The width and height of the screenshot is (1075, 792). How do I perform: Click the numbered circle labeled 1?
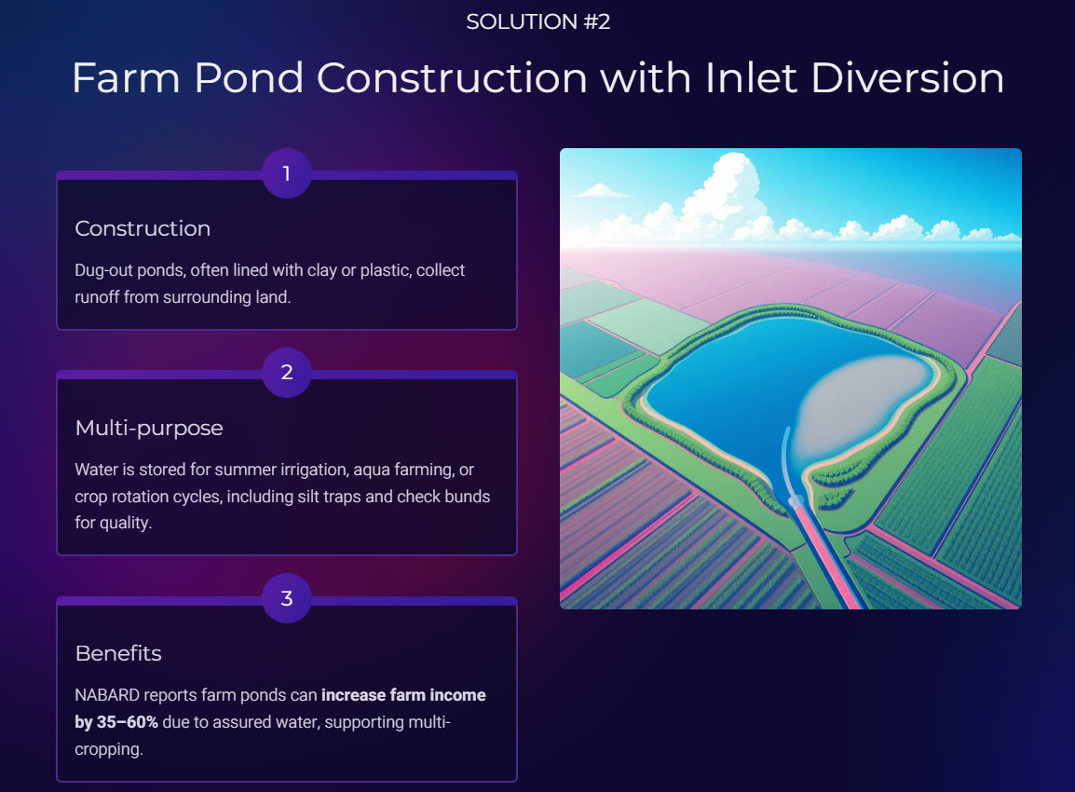coord(287,173)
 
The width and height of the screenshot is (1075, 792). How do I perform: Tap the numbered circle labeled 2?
coord(287,373)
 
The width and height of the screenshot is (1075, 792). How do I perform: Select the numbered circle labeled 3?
coord(287,598)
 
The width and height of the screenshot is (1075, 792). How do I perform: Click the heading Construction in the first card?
coord(143,228)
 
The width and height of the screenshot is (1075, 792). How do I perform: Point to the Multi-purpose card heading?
coord(149,428)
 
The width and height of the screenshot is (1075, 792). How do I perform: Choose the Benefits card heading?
coord(118,653)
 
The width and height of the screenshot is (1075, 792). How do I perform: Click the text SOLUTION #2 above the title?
coord(537,22)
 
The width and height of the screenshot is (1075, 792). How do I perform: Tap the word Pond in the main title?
coord(248,77)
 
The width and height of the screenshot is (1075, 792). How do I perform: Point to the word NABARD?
coord(107,695)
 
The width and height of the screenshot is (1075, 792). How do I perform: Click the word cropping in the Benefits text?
coord(108,749)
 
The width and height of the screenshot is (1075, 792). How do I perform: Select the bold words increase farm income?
coord(403,695)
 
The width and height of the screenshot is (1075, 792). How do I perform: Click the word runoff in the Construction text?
coord(96,297)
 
